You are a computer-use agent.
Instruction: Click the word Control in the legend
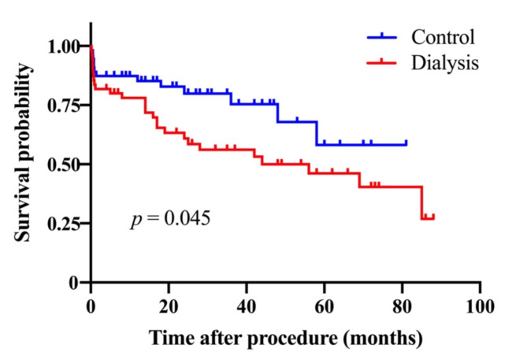click(443, 37)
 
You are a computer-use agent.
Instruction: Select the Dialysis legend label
click(445, 63)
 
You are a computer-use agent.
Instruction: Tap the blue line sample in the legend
click(382, 37)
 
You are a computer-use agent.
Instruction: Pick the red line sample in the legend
click(382, 62)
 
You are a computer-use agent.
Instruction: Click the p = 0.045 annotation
click(170, 219)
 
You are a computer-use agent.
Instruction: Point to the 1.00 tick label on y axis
click(64, 46)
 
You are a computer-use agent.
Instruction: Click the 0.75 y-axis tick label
click(64, 106)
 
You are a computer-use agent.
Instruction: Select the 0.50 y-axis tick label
click(64, 165)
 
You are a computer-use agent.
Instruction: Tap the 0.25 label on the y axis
click(64, 224)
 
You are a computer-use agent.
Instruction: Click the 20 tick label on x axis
click(169, 307)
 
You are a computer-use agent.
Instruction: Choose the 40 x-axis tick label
click(247, 307)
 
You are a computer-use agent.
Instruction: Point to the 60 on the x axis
click(324, 307)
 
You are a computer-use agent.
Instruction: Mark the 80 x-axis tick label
click(402, 307)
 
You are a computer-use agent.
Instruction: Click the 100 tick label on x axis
click(480, 307)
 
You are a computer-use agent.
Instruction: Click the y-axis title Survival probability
click(24, 152)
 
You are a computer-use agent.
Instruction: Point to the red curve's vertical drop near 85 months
click(421, 202)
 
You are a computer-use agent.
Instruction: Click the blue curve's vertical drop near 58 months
click(317, 133)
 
